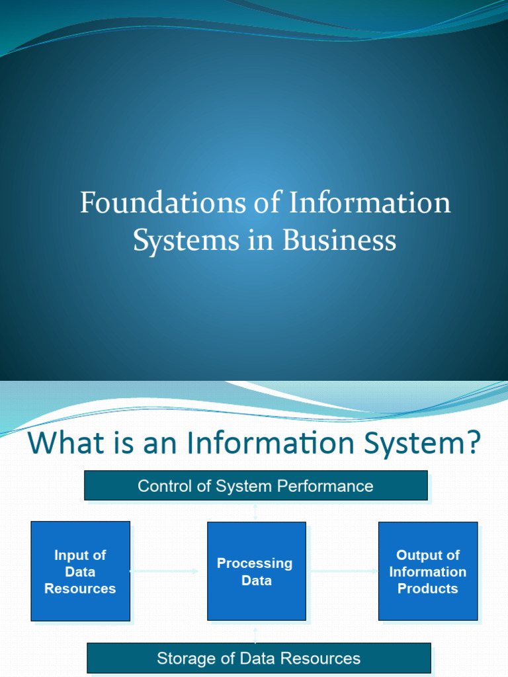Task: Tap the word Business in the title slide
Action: click(339, 240)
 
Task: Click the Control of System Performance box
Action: click(255, 486)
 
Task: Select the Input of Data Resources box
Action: click(80, 571)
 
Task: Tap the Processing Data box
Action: click(256, 571)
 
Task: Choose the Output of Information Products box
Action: click(427, 571)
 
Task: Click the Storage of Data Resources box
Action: click(259, 658)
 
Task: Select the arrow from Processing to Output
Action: click(342, 571)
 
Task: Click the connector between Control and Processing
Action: click(255, 511)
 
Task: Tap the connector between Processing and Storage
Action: click(255, 632)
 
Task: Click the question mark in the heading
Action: click(472, 443)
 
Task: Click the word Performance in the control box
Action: click(334, 487)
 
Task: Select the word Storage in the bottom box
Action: click(185, 658)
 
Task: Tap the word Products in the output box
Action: click(427, 588)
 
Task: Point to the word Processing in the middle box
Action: click(255, 563)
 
